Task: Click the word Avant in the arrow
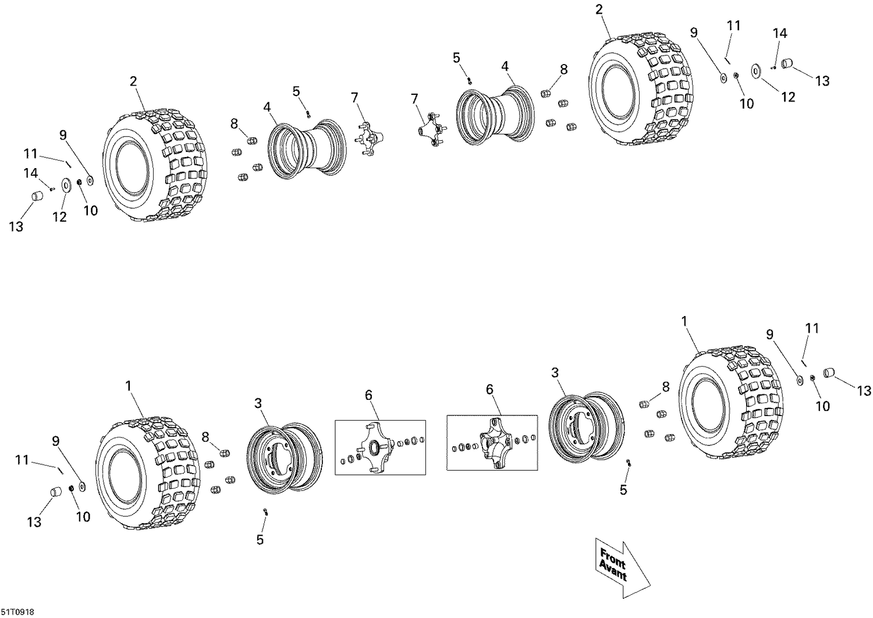click(612, 571)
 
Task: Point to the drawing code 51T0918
click(17, 612)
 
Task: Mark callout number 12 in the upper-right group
click(787, 97)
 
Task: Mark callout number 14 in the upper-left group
click(31, 173)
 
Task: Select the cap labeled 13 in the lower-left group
click(55, 493)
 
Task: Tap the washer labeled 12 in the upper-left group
click(65, 186)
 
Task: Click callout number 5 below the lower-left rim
click(260, 539)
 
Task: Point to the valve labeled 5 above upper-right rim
click(470, 80)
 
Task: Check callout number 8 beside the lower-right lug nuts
click(666, 387)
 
